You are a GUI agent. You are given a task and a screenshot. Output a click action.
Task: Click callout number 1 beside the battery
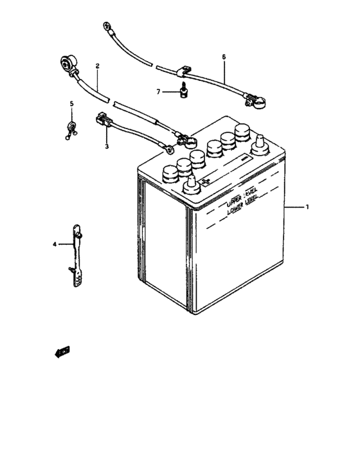(x=307, y=207)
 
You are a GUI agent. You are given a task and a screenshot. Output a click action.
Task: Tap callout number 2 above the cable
(x=97, y=66)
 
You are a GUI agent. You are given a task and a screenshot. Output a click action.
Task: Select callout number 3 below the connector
(x=107, y=147)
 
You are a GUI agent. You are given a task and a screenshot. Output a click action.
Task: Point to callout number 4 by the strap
(x=55, y=244)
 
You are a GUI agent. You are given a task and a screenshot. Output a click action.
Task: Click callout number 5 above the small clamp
(x=72, y=104)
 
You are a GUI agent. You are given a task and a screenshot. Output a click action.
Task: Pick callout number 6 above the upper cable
(x=224, y=57)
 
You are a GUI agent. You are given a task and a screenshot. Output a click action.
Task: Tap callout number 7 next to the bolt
(x=158, y=92)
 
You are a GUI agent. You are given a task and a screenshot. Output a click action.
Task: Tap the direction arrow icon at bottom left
(x=62, y=350)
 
